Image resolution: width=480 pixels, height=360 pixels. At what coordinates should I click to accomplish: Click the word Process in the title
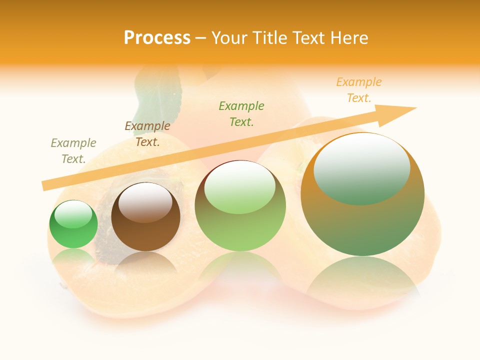pos(157,38)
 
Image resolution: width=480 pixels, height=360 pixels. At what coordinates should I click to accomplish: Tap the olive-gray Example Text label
pos(73,151)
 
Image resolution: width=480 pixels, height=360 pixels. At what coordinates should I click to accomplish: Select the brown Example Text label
pos(147,134)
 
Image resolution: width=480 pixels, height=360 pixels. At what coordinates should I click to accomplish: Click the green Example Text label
pos(241,113)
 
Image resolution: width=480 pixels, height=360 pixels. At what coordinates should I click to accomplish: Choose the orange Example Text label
pos(359,90)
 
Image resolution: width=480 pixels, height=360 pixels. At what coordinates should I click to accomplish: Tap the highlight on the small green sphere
pos(73,214)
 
